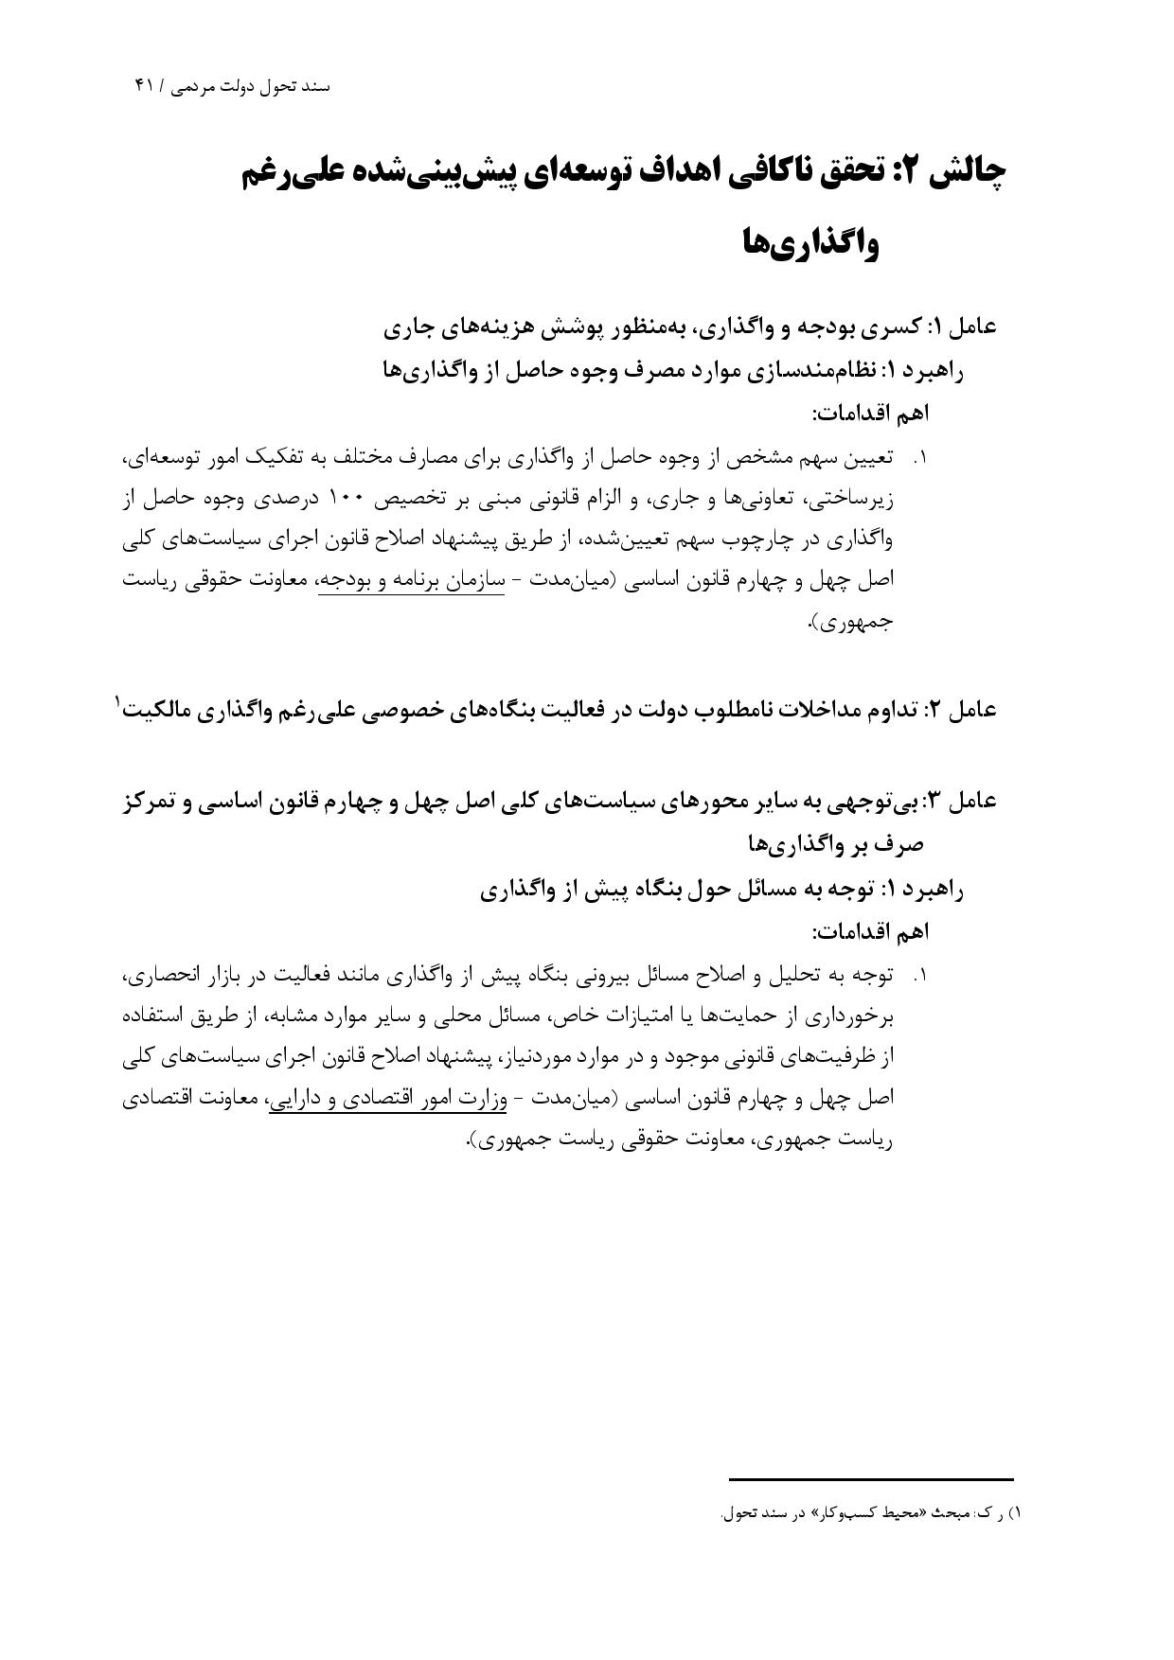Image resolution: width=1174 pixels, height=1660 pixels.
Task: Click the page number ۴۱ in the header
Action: click(145, 86)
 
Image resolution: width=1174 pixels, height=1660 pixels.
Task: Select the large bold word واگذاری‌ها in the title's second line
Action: click(810, 245)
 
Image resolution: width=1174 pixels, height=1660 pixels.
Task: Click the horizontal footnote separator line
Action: click(871, 1479)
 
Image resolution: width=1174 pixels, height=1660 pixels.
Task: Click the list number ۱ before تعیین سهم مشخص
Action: click(917, 459)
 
